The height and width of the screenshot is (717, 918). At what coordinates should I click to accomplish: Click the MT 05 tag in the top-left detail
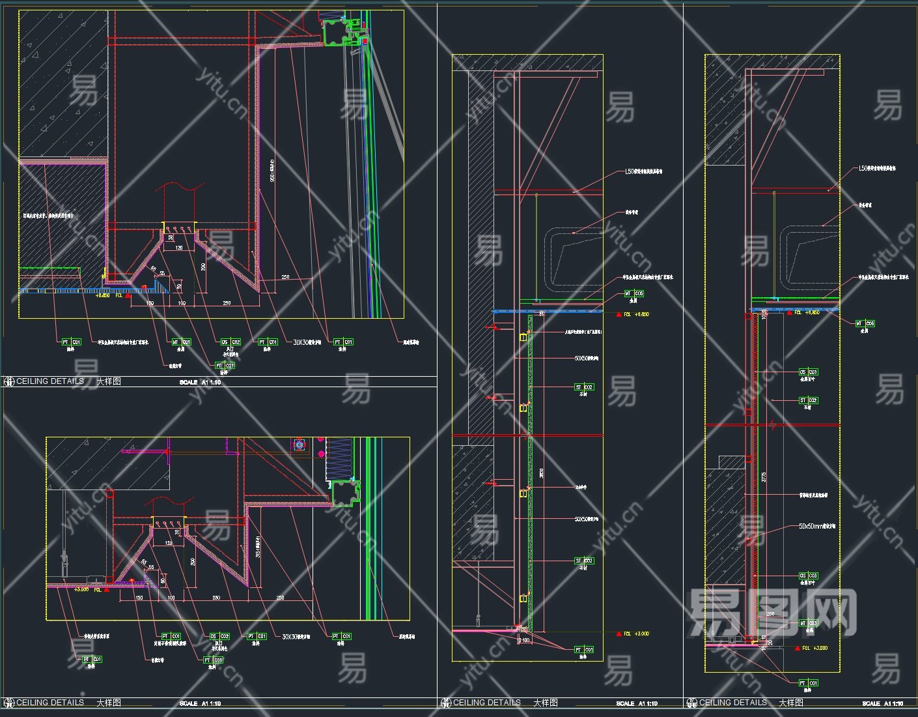(x=181, y=342)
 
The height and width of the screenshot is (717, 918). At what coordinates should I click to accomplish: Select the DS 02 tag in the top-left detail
(x=230, y=342)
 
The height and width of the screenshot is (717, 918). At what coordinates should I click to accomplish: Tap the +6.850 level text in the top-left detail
(x=103, y=295)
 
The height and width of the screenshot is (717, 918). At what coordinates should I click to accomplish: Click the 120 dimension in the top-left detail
(x=178, y=248)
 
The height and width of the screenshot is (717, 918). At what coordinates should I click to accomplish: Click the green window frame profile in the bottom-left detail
(x=345, y=493)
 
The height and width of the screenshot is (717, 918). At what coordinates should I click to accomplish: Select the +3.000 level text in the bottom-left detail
(x=81, y=589)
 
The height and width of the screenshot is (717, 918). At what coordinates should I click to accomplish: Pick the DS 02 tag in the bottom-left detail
(x=219, y=636)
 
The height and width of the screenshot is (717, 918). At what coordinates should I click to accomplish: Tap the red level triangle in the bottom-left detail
(x=107, y=590)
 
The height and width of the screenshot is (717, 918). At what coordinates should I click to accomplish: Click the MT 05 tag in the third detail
(x=634, y=293)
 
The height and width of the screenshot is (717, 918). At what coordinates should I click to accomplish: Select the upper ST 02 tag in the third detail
(x=584, y=387)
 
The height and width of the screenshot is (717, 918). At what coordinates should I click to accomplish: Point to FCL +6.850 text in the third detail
(x=636, y=314)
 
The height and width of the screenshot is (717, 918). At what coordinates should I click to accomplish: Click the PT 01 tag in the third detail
(x=584, y=649)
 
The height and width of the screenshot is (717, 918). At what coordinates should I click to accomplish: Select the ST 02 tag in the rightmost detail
(x=808, y=400)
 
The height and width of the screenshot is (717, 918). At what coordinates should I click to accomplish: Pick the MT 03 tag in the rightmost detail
(x=808, y=624)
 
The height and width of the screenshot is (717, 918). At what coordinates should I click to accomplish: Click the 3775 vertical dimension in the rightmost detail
(x=764, y=476)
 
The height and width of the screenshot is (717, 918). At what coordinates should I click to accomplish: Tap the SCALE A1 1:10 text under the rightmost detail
(x=882, y=704)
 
